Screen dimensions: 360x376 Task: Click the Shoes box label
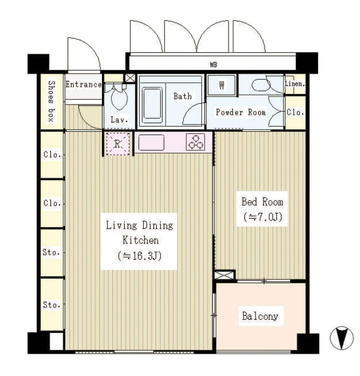tap(52, 101)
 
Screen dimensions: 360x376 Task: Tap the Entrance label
tap(84, 84)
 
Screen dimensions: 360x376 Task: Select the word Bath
tap(183, 96)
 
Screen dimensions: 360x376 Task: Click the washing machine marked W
tap(221, 85)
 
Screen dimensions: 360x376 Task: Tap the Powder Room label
tap(240, 112)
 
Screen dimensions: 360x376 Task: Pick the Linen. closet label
tap(295, 84)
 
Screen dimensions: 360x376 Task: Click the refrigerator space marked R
tap(118, 144)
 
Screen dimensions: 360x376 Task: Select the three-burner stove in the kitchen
tap(196, 142)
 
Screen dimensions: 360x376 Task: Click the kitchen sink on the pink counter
tap(152, 142)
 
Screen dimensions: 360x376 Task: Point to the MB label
tap(214, 65)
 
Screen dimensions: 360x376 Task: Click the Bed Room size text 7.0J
tap(263, 217)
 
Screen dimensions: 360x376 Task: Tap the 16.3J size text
tap(139, 256)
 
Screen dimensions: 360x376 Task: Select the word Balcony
tap(260, 316)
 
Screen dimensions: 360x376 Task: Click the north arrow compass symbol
tap(342, 338)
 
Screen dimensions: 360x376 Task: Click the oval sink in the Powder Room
tap(261, 85)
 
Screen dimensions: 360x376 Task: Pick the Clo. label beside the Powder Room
tap(295, 112)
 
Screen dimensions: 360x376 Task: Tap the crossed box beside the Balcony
tap(224, 275)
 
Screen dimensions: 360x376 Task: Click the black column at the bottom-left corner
tap(39, 343)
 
